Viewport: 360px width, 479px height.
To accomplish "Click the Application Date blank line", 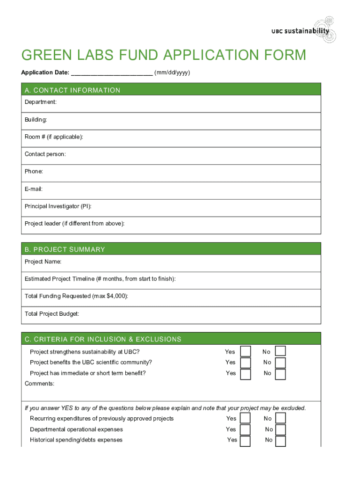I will point(112,73).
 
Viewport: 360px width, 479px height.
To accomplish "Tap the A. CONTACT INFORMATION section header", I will point(72,90).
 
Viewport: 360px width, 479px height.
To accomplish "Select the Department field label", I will point(41,102).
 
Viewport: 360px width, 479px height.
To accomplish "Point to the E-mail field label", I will point(34,189).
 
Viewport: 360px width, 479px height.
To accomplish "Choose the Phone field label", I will point(34,172).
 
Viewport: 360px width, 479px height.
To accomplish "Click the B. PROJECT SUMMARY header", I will point(65,249).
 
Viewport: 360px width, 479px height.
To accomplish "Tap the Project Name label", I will point(43,261).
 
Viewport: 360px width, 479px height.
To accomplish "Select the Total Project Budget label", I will point(52,314).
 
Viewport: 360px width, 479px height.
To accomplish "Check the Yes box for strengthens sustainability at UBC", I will point(245,352).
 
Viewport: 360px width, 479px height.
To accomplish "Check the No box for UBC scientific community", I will point(281,363).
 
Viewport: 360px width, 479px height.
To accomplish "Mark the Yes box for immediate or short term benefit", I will point(245,374).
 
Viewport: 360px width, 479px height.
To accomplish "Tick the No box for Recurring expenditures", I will point(281,419).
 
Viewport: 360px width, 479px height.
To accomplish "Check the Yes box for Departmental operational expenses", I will point(245,430).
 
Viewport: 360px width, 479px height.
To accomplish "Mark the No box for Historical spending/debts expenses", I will point(281,441).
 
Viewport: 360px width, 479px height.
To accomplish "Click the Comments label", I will point(40,384).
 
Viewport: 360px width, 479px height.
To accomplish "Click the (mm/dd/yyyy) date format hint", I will point(172,73).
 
